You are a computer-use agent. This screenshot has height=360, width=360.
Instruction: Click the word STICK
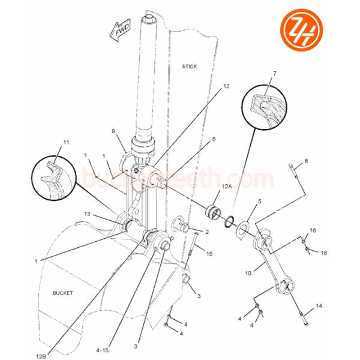click(x=189, y=66)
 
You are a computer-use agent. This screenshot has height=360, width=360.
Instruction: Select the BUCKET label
click(x=62, y=293)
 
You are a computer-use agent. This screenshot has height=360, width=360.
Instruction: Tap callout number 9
click(x=113, y=131)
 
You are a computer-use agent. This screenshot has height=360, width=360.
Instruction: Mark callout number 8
click(x=214, y=139)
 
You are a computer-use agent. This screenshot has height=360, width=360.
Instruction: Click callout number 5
click(x=260, y=202)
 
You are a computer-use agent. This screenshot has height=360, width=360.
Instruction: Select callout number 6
click(x=305, y=161)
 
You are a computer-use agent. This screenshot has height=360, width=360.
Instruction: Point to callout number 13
click(x=87, y=213)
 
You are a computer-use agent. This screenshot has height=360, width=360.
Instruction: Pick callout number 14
click(x=319, y=306)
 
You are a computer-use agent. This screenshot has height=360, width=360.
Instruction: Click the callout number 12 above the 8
click(x=226, y=86)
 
